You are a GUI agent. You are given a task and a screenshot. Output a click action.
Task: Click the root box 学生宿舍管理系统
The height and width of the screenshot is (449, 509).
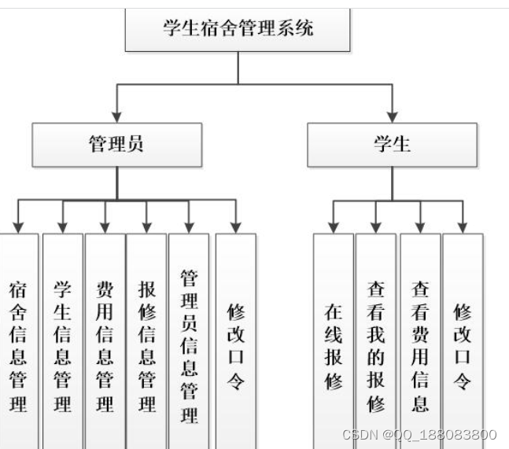(x=238, y=30)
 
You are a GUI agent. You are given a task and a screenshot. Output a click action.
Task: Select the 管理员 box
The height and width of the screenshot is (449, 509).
(x=116, y=144)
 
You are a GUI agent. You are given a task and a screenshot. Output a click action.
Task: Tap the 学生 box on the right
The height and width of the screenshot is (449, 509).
(x=391, y=144)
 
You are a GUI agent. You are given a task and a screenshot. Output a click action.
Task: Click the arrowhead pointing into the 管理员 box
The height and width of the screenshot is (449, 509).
(x=116, y=116)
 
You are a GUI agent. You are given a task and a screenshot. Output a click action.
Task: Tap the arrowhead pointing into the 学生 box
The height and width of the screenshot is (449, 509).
(x=391, y=116)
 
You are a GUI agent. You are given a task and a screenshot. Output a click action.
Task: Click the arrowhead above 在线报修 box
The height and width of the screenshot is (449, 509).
(x=334, y=227)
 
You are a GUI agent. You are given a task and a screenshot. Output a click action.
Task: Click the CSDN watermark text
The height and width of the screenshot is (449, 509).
(x=419, y=435)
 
